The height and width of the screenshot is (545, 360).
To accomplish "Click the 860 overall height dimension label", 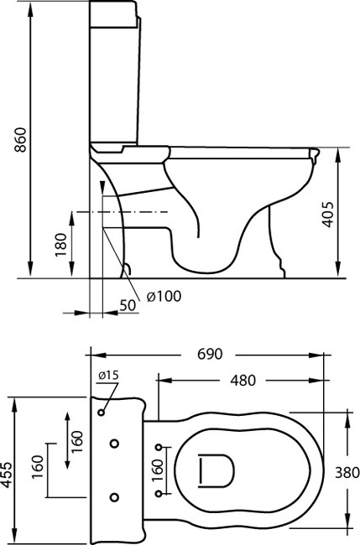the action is pyautogui.click(x=20, y=140).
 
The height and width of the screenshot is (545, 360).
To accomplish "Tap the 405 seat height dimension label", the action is pyautogui.click(x=327, y=215).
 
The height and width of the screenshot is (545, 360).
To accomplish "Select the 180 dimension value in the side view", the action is pyautogui.click(x=60, y=245).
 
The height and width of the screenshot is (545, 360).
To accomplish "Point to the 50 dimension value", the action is pyautogui.click(x=128, y=305).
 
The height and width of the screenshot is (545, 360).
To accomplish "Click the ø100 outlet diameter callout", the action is pyautogui.click(x=164, y=297).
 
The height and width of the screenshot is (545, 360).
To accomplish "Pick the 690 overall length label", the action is pyautogui.click(x=210, y=354).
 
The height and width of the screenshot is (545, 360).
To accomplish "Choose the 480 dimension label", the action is pyautogui.click(x=243, y=381).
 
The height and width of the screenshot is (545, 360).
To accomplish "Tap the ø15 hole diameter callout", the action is pyautogui.click(x=108, y=376).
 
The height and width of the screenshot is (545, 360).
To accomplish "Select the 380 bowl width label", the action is pyautogui.click(x=347, y=473).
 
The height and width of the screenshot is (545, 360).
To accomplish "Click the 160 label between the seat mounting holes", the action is pyautogui.click(x=157, y=470).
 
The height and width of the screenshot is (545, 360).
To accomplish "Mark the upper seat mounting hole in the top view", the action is pyautogui.click(x=159, y=448).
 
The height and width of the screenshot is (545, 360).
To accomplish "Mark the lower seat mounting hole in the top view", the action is pyautogui.click(x=159, y=494).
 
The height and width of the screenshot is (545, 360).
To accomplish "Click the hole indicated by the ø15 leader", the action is pyautogui.click(x=102, y=413).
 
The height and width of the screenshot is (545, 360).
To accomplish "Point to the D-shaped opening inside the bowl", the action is pyautogui.click(x=216, y=470).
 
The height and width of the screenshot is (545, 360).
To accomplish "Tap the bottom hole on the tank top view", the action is pyautogui.click(x=114, y=497).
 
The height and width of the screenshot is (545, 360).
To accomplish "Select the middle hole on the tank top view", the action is pyautogui.click(x=114, y=444).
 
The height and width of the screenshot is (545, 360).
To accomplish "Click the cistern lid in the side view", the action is pyautogui.click(x=113, y=14).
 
